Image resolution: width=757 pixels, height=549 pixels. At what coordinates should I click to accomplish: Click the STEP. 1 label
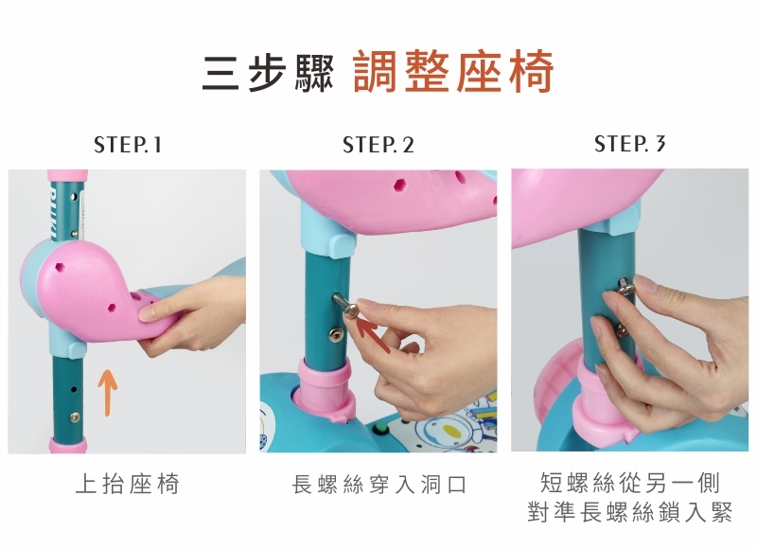pyautogui.click(x=128, y=145)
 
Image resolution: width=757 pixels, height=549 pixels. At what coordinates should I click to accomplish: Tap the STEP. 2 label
pyautogui.click(x=378, y=145)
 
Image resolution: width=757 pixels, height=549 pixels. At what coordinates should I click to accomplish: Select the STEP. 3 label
pyautogui.click(x=629, y=144)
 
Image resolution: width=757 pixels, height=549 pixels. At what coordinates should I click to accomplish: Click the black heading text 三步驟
pyautogui.click(x=268, y=74)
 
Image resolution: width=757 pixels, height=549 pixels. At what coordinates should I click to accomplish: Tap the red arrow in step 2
pyautogui.click(x=373, y=334)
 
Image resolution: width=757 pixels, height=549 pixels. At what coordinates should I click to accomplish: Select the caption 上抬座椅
pyautogui.click(x=128, y=484)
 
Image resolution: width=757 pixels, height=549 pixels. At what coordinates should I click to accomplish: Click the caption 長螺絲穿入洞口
pyautogui.click(x=379, y=485)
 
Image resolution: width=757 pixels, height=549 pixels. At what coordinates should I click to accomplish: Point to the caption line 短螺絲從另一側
pyautogui.click(x=629, y=483)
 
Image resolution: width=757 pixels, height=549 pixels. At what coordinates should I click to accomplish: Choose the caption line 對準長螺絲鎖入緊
pyautogui.click(x=629, y=512)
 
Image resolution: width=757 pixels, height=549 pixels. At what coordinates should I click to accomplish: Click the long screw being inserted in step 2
pyautogui.click(x=345, y=306)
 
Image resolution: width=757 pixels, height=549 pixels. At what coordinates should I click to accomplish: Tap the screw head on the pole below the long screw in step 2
pyautogui.click(x=336, y=334)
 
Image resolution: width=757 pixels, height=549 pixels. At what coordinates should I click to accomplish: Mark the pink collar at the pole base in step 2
pyautogui.click(x=326, y=390)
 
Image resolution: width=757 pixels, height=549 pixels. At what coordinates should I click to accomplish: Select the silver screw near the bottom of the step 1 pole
pyautogui.click(x=75, y=417)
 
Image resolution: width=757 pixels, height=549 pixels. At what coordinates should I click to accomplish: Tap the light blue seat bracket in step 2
pyautogui.click(x=327, y=230)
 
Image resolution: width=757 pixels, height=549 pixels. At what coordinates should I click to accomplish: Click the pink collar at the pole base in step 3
pyautogui.click(x=604, y=400)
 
